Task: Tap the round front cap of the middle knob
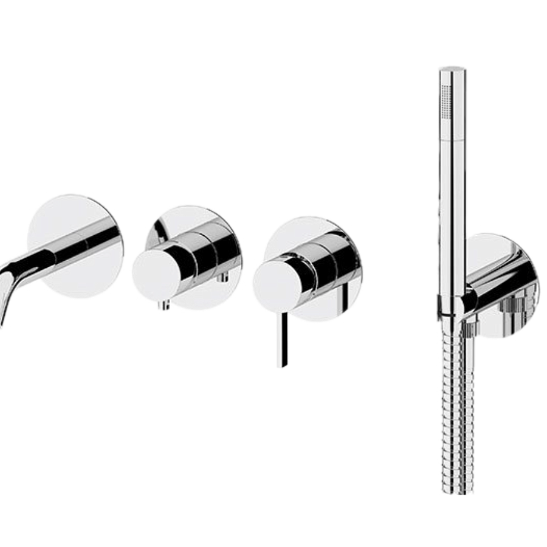click(154, 277)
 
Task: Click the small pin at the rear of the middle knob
click(224, 277)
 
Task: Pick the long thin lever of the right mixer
click(280, 340)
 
